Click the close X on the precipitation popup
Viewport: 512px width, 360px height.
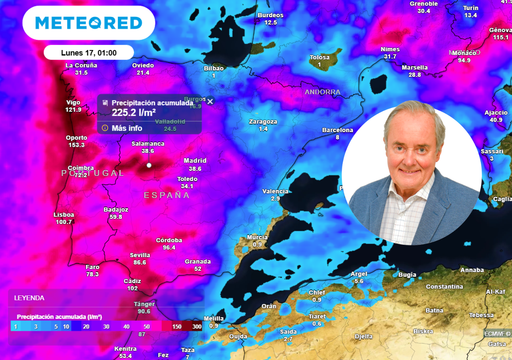click(210, 101)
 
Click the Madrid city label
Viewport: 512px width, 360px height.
click(195, 160)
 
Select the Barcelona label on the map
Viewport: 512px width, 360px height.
click(338, 129)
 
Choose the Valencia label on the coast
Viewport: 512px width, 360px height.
click(276, 190)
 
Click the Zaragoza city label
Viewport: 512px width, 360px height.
click(263, 121)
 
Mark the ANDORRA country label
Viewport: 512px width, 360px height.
click(322, 91)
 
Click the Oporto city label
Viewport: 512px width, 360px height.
click(76, 137)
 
